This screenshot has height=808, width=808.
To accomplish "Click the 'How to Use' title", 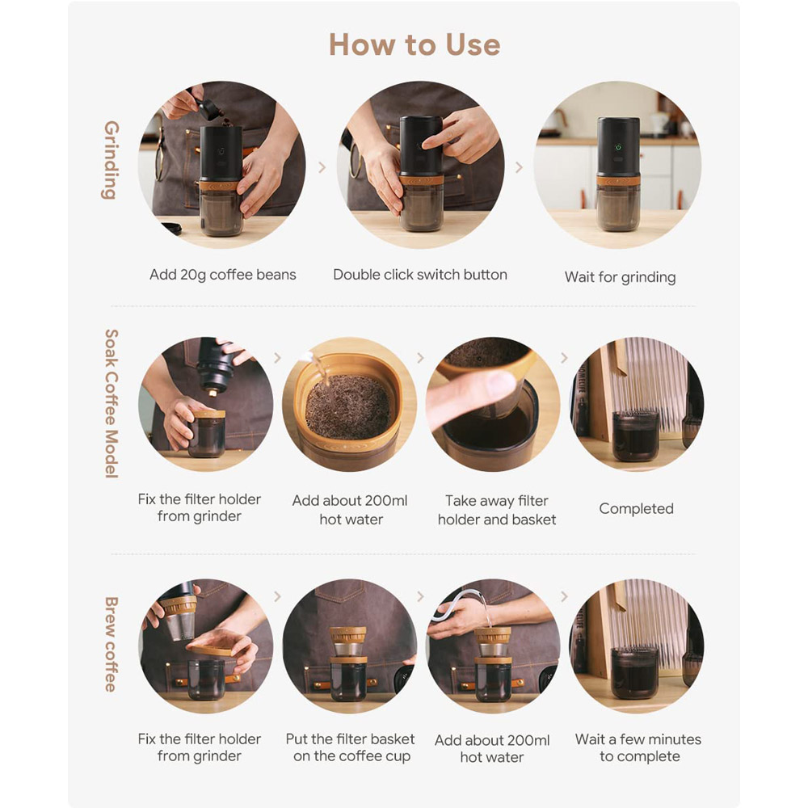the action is tap(415, 44).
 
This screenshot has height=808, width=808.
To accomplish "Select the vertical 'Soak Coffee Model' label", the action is tap(112, 403).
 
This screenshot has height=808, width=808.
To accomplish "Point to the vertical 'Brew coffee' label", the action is tap(112, 644).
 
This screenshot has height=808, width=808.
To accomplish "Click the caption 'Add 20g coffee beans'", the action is tap(223, 275).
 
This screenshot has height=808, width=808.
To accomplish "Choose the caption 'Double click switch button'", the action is tap(420, 275).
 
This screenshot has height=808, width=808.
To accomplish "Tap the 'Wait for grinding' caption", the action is tap(620, 277).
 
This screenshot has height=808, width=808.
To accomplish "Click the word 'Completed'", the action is tap(636, 508).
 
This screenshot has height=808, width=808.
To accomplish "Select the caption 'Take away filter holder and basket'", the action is tap(497, 510).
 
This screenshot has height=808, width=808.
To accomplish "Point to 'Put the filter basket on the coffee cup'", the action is tap(351, 747).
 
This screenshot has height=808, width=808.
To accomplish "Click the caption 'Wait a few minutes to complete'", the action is tap(638, 747).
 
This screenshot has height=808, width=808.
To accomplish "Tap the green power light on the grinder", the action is tap(618, 147).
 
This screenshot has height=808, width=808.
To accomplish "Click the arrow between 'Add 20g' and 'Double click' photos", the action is tap(322, 167).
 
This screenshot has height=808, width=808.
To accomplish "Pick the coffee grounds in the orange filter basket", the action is tap(347, 407).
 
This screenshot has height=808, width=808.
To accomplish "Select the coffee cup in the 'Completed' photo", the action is tap(635, 436).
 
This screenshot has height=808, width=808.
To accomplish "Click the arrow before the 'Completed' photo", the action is tap(564, 357).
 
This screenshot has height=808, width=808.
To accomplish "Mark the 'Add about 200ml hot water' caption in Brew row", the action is tap(492, 748).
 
